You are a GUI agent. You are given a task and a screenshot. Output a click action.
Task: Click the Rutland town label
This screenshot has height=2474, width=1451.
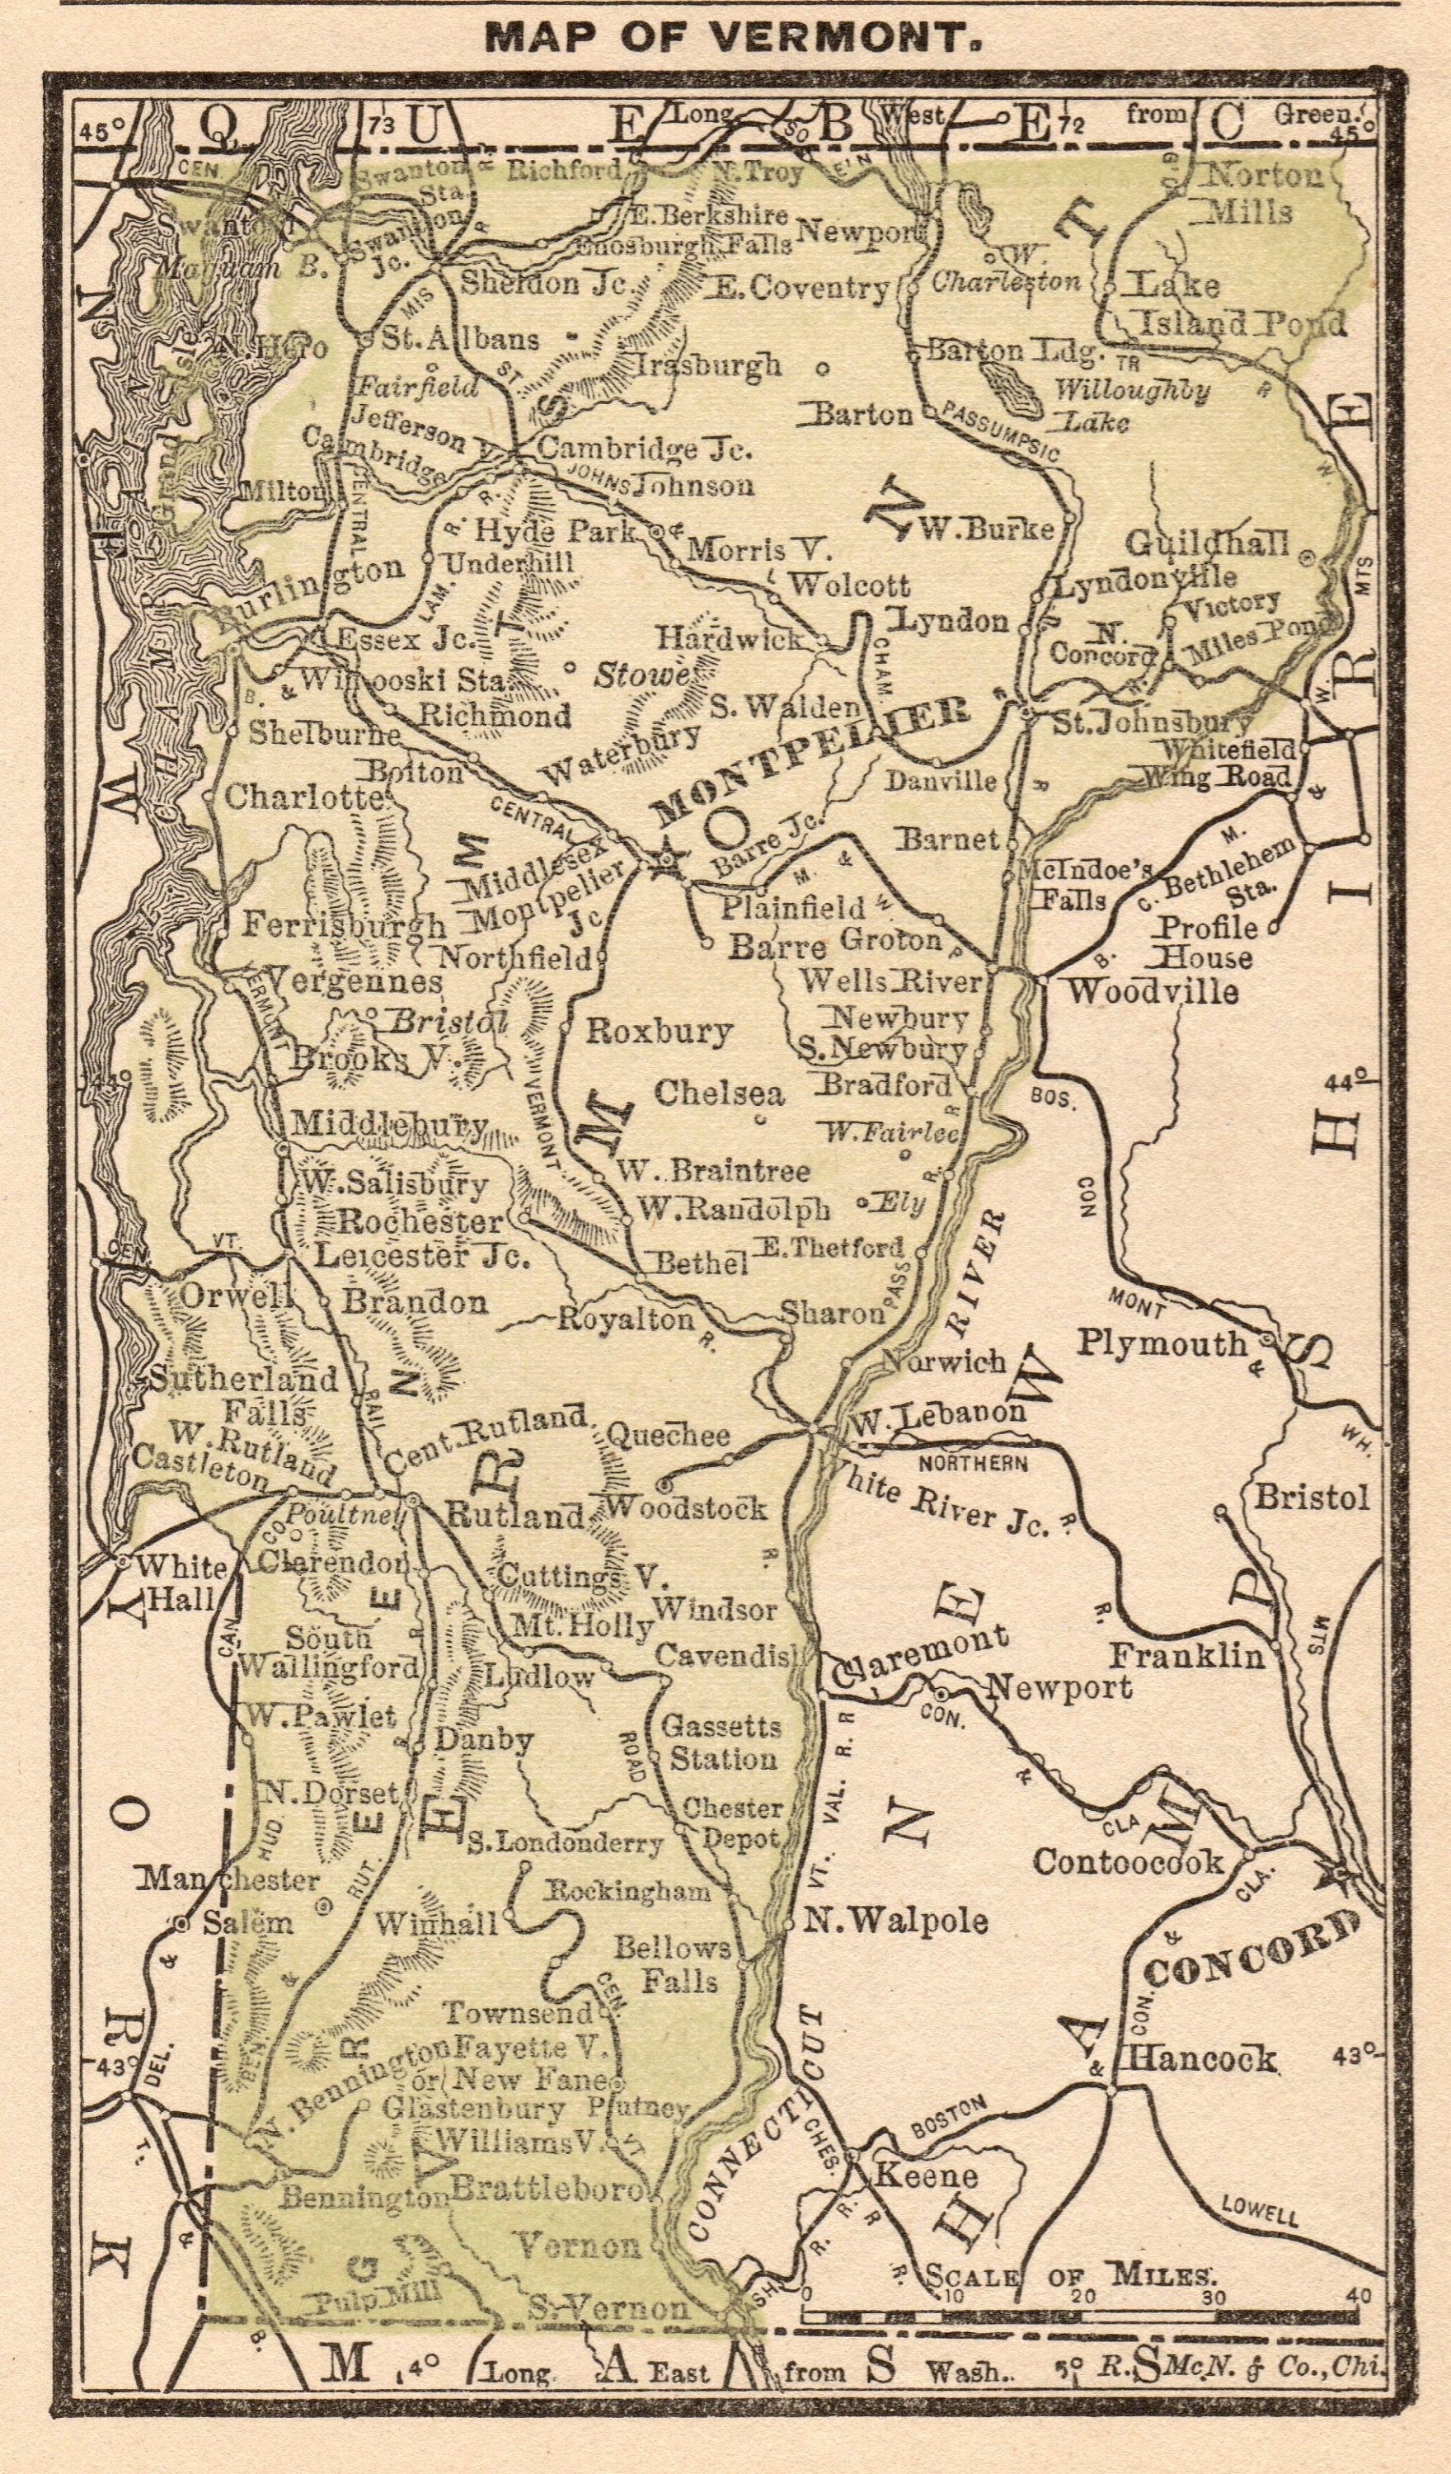click(x=515, y=1515)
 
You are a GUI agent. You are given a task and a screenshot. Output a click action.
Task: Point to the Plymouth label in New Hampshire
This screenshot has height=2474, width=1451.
click(x=1162, y=1343)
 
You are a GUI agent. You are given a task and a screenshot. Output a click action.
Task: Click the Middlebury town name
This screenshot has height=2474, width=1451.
click(x=387, y=1124)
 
